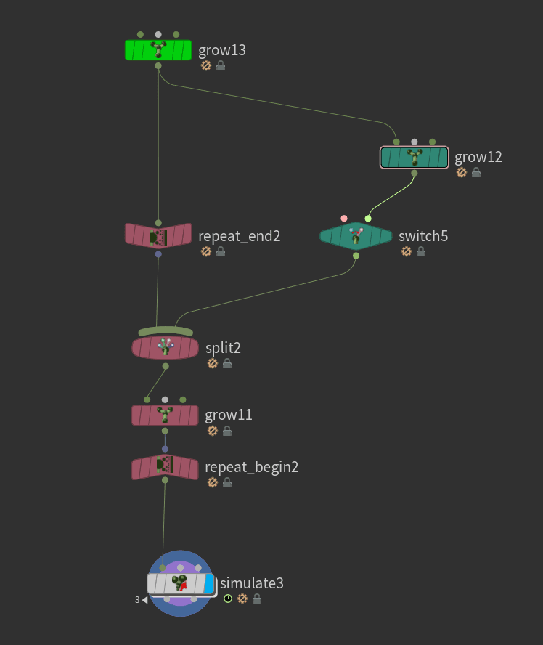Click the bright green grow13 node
click(x=158, y=50)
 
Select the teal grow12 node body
click(x=414, y=158)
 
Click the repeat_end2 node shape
click(x=158, y=235)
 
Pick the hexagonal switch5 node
click(x=356, y=236)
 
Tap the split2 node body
click(x=165, y=347)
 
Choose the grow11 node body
click(x=165, y=415)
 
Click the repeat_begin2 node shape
click(x=165, y=467)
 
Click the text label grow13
click(x=222, y=50)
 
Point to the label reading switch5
click(x=423, y=236)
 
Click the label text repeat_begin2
click(x=252, y=467)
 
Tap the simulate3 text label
click(x=252, y=583)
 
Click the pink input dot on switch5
click(x=344, y=218)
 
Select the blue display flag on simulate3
click(x=209, y=583)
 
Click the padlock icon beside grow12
click(x=476, y=172)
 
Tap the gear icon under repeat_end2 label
click(x=205, y=251)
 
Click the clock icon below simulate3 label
click(x=228, y=599)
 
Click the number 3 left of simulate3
click(x=136, y=600)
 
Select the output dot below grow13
click(x=158, y=66)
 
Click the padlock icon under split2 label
click(x=227, y=363)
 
